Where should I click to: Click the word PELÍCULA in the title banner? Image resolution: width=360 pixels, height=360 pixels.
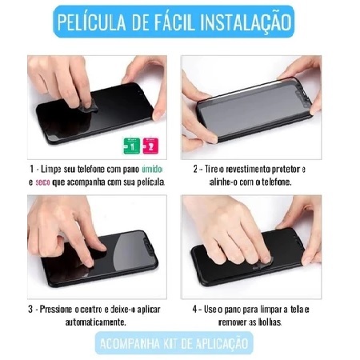(x=91, y=22)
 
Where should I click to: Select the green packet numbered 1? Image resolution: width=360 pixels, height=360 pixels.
(x=132, y=146)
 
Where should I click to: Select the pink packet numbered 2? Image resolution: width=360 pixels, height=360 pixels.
(x=150, y=146)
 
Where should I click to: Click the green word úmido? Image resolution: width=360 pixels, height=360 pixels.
(x=151, y=170)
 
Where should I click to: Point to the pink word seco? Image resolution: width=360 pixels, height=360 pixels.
(x=42, y=182)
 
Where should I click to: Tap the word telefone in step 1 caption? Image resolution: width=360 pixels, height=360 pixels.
(x=91, y=170)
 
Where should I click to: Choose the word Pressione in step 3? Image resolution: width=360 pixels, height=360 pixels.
(x=56, y=310)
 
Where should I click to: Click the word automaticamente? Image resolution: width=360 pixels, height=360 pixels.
(x=95, y=322)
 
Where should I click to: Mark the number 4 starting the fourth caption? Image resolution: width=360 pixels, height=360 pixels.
(x=195, y=310)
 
